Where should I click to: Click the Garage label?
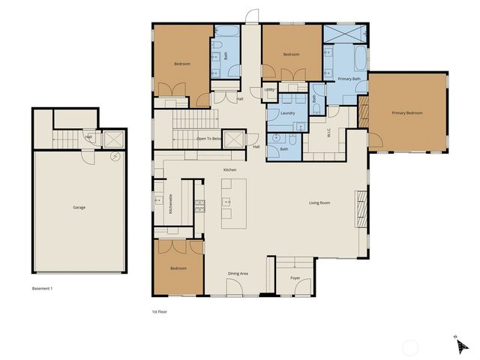point(79,207)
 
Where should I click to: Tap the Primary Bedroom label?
point(407,112)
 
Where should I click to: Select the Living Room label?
point(320,202)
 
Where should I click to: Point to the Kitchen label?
point(229,171)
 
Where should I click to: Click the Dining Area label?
point(238,273)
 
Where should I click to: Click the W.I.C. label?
point(328,133)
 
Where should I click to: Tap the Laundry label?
point(287,113)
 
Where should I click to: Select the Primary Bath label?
point(349,79)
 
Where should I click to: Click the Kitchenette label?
point(171,205)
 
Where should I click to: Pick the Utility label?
point(270,90)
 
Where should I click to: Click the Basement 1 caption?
point(42,288)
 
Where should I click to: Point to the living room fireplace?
point(361,208)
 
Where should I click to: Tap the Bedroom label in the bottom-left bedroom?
point(178,268)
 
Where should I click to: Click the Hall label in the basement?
point(88,136)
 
